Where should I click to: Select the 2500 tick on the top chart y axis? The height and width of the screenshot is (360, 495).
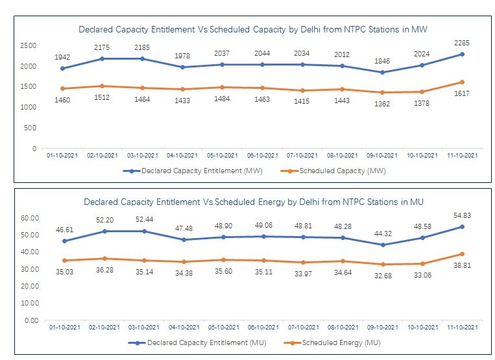[x=27, y=45]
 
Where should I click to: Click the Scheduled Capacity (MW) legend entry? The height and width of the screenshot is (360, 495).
[x=339, y=171]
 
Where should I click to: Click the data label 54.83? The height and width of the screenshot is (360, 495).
[x=461, y=215]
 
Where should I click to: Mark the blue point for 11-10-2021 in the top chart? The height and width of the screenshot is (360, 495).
[x=461, y=54]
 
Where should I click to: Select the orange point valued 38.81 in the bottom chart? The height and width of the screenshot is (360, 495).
[x=461, y=254]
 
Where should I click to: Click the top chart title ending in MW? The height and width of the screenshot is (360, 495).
[x=252, y=29]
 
